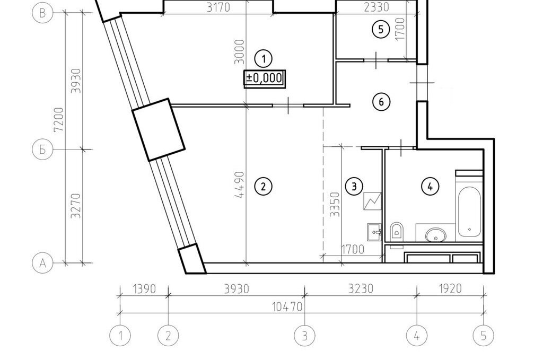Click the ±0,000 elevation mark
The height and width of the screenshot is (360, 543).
click(x=264, y=78)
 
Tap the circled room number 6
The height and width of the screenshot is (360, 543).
click(x=381, y=102)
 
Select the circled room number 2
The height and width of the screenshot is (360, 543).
click(x=263, y=187)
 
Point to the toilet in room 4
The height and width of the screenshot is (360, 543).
click(x=397, y=230)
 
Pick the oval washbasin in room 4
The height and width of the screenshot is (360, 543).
click(x=436, y=234)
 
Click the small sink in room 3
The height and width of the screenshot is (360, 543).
click(x=374, y=232)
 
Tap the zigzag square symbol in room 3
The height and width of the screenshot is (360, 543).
click(x=372, y=201)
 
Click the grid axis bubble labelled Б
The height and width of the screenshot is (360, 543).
click(x=42, y=150)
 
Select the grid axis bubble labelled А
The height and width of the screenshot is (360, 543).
click(x=42, y=263)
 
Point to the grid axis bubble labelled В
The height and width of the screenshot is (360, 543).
click(x=42, y=13)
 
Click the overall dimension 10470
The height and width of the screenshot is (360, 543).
click(x=287, y=306)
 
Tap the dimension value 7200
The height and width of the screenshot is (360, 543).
click(x=58, y=119)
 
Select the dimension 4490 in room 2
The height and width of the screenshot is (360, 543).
click(x=240, y=185)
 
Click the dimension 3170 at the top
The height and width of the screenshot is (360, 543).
click(x=218, y=7)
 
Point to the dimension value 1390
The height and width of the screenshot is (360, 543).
click(x=144, y=289)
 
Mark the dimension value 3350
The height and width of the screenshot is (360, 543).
click(x=335, y=205)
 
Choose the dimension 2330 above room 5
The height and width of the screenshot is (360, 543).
click(x=377, y=7)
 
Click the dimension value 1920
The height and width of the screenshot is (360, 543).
click(x=450, y=289)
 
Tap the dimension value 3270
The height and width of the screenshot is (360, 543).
click(x=75, y=206)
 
